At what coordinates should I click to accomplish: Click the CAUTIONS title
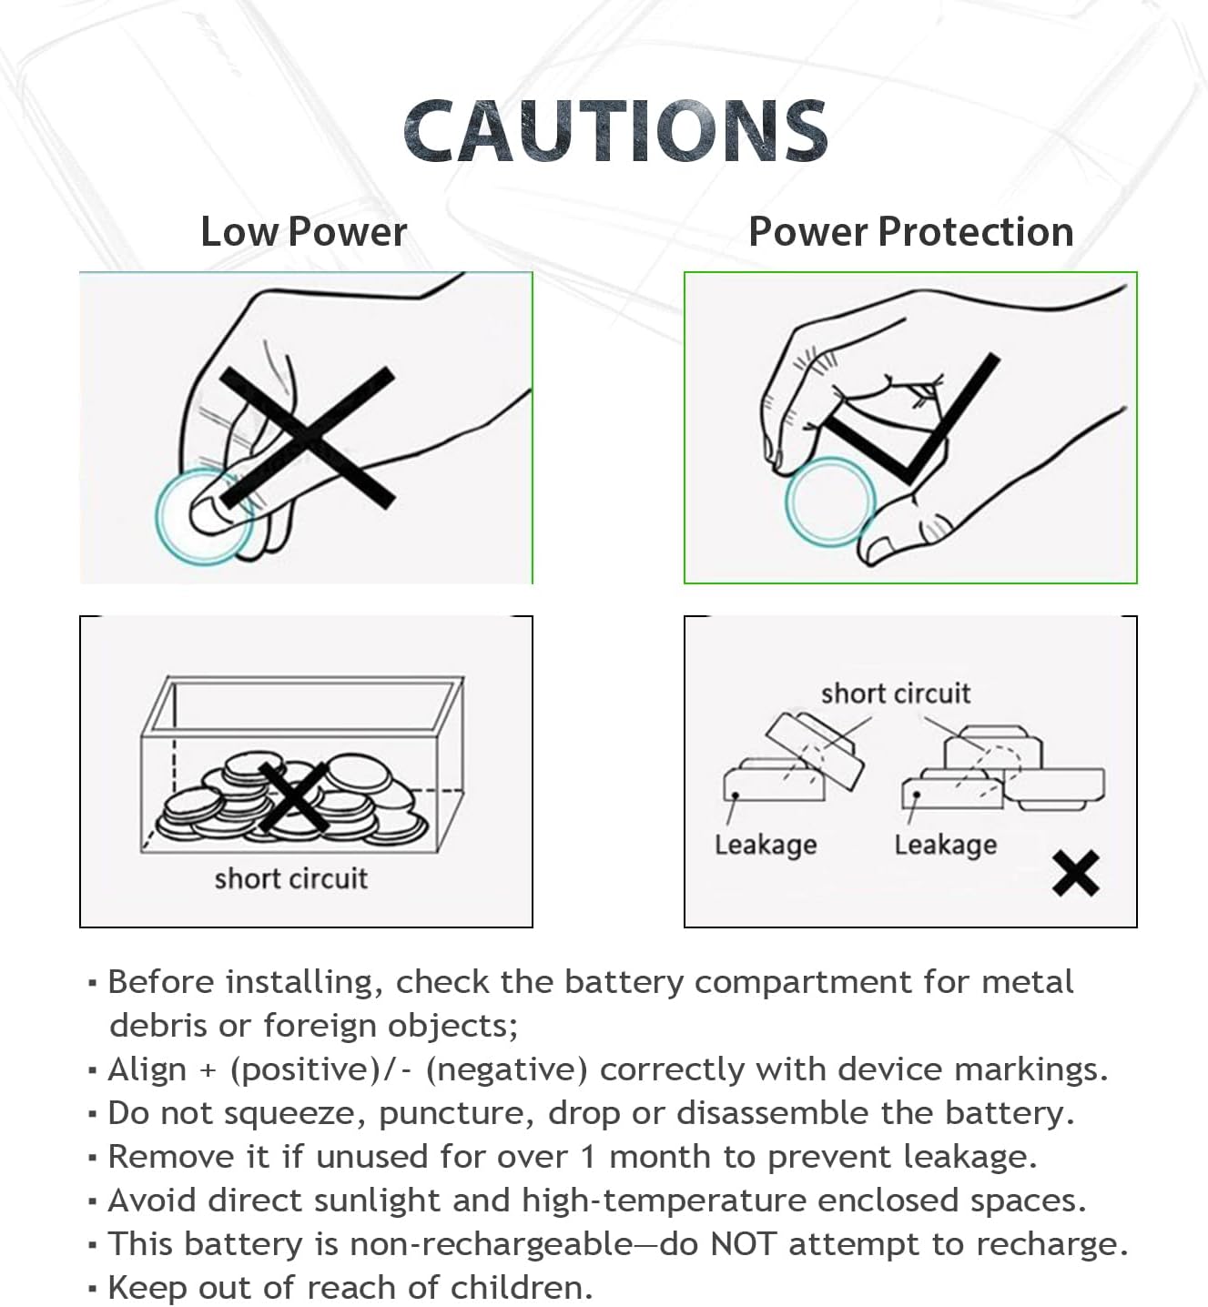pos(615,131)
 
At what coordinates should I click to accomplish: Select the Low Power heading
pos(303,231)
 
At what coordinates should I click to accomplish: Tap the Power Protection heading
pos(910,231)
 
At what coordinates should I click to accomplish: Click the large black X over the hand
pos(307,438)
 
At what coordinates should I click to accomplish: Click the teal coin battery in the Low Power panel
pos(202,517)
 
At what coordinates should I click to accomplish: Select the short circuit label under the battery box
pos(290,878)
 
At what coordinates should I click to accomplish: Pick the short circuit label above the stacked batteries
pos(895,694)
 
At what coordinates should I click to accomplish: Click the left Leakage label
pos(765,845)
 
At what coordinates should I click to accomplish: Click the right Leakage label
pos(945,845)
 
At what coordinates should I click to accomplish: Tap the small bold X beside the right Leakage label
pos(1075,874)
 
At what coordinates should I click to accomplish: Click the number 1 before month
pos(588,1157)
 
